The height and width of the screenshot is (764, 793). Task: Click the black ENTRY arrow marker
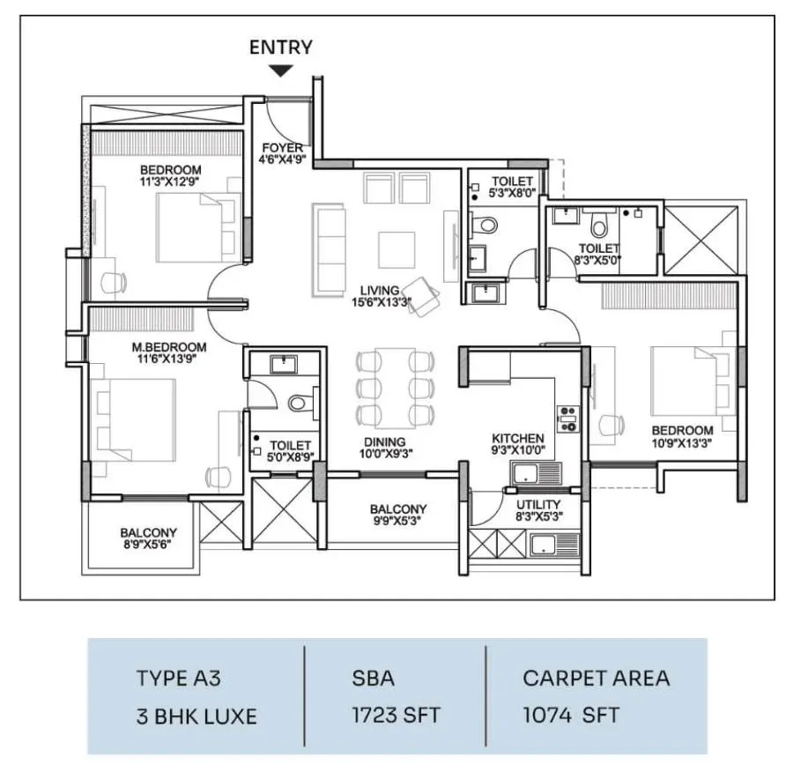coord(281,70)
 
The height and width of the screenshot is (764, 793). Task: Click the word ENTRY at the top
coord(281,47)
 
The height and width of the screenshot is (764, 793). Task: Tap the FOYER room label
coord(283,148)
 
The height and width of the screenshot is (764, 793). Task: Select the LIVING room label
coord(380,290)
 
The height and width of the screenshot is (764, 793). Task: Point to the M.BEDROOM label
coord(169,347)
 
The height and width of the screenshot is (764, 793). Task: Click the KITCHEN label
coord(518,438)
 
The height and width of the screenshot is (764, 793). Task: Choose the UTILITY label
coord(538,504)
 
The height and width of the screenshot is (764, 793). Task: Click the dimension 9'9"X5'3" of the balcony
coord(397,520)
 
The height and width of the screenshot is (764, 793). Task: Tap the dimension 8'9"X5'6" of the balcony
coord(148,544)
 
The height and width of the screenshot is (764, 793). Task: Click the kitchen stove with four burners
coord(568,419)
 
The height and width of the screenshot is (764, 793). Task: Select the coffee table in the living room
coord(397,249)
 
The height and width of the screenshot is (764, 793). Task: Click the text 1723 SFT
coord(396,715)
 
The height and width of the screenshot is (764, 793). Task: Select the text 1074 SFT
coord(571,715)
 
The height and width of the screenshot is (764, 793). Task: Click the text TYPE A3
coord(179,678)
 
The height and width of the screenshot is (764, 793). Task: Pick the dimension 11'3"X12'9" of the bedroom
coord(170,182)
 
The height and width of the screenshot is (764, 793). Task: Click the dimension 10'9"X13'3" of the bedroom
coord(682,443)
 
